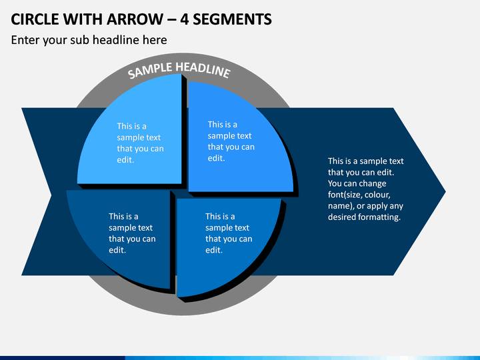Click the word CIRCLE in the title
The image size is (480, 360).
tap(35, 19)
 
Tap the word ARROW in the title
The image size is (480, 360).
tap(135, 19)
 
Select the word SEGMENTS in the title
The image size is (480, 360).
tap(232, 19)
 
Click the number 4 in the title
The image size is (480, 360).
tap(184, 19)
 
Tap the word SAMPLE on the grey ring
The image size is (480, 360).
tap(150, 71)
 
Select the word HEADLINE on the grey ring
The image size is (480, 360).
tap(203, 70)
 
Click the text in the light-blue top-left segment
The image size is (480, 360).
tap(140, 143)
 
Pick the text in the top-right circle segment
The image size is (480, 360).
tap(231, 141)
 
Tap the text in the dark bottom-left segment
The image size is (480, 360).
tap(132, 233)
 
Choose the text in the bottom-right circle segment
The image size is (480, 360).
tap(229, 233)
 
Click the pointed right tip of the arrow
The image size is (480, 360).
tap(445, 191)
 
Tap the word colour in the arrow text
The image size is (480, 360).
tap(377, 195)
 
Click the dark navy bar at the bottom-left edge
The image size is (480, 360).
tap(63, 358)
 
